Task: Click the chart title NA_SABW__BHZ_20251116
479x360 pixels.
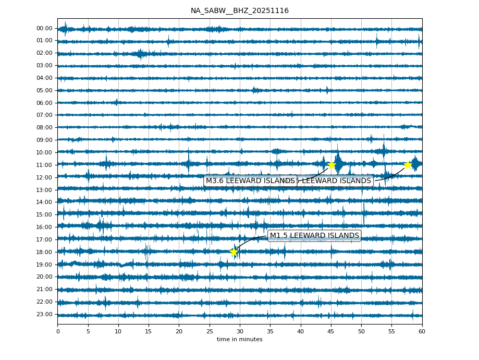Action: tap(239, 11)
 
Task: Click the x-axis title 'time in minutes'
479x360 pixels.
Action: tap(239, 340)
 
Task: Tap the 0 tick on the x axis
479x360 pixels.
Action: tap(58, 331)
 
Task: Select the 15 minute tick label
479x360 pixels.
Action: tap(149, 331)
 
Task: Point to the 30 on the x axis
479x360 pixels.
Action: tap(240, 331)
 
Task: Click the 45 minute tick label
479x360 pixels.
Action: tap(331, 331)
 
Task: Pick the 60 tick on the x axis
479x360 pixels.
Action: tap(422, 331)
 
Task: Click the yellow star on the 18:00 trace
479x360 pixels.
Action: tap(234, 252)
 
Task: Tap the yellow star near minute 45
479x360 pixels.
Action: tap(331, 165)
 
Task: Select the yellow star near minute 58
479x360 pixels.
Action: tap(408, 165)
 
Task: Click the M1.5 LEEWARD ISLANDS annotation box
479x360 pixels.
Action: tap(314, 236)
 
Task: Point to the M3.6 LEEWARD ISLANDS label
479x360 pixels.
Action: tap(250, 181)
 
